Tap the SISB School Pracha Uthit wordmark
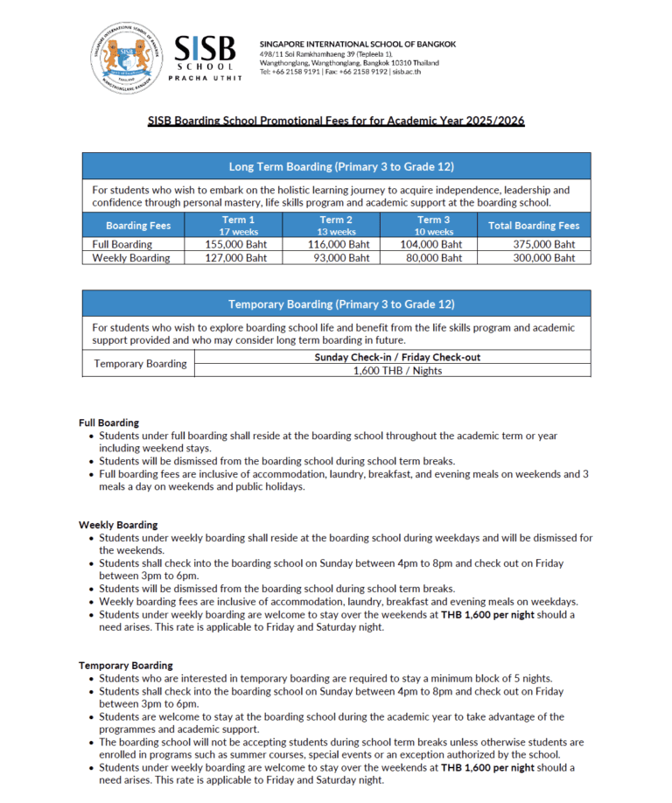[205, 59]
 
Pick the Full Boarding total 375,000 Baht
[544, 245]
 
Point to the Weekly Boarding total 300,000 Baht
[544, 258]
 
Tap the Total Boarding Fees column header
[534, 226]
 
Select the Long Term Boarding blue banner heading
[341, 166]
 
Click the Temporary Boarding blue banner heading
[341, 304]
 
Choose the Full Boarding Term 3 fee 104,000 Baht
[433, 245]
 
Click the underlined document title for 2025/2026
[336, 121]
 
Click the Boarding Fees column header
[138, 226]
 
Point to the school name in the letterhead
[357, 44]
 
